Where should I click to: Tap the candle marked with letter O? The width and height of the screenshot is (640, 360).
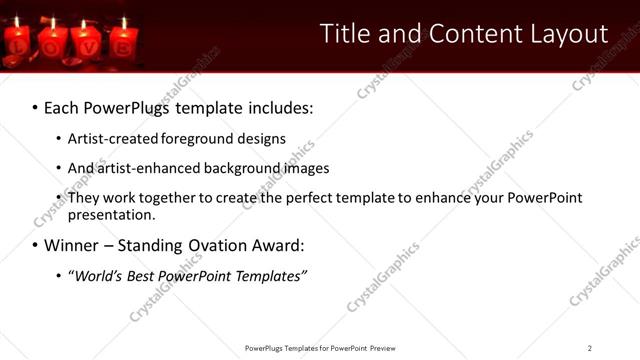coord(52,46)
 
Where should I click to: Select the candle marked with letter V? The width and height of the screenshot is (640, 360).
coord(87,46)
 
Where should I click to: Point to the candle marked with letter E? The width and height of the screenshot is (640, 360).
coord(123,46)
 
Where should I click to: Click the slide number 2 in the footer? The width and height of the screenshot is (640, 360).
coord(590,348)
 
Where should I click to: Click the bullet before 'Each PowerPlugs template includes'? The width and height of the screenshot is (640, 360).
coord(34,108)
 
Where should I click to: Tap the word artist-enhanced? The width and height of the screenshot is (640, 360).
coord(150,168)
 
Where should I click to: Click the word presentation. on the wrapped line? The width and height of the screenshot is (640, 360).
coord(112,214)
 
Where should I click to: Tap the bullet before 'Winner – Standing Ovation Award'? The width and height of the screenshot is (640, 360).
coord(34,245)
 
